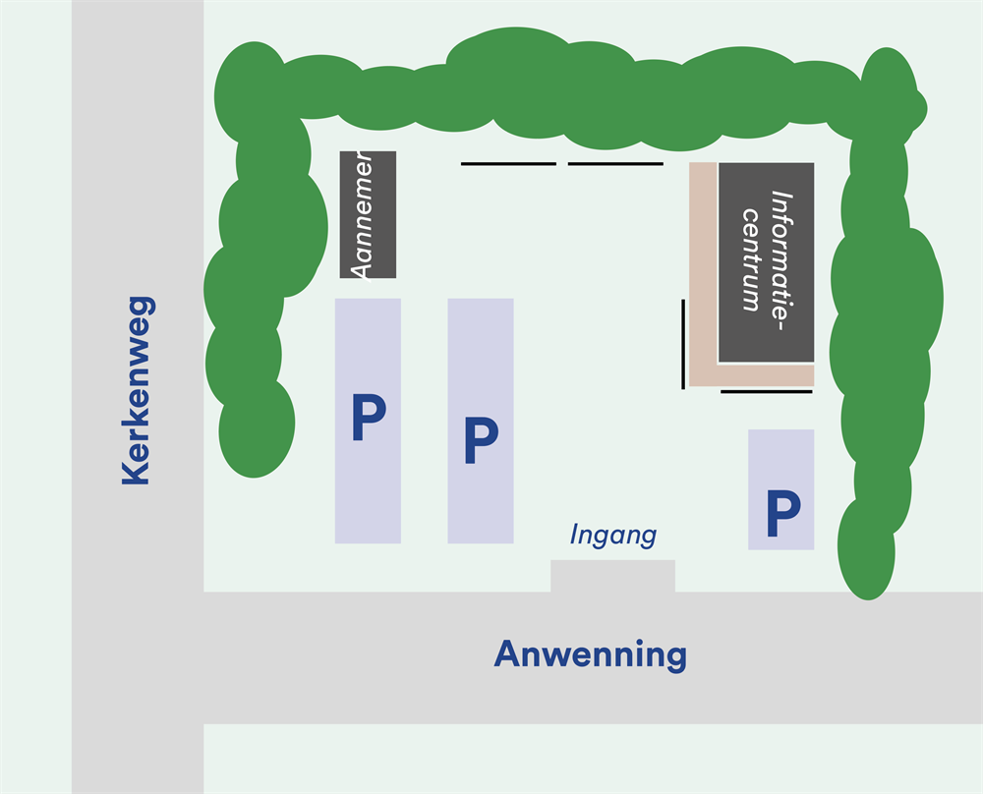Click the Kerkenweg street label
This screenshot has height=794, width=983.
[136, 390]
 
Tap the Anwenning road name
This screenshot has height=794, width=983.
[590, 653]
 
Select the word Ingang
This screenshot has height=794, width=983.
[612, 536]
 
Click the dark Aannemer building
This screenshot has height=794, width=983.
[368, 214]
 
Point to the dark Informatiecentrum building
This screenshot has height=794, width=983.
[766, 261]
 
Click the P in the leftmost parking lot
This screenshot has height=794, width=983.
[369, 419]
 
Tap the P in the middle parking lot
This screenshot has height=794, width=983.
[481, 441]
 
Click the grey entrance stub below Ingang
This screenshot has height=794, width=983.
[612, 576]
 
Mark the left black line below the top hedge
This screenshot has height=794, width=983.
[508, 163]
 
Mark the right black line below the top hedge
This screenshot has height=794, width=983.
[615, 163]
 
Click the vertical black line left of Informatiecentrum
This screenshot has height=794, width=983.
[683, 344]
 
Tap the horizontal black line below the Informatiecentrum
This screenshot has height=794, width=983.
[767, 391]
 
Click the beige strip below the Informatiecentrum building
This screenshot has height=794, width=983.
[752, 375]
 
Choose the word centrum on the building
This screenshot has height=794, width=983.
[752, 259]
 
